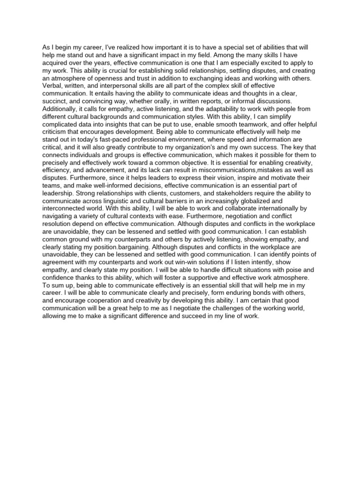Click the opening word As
tap(46, 48)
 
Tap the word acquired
tap(56, 63)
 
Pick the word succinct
tap(55, 101)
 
